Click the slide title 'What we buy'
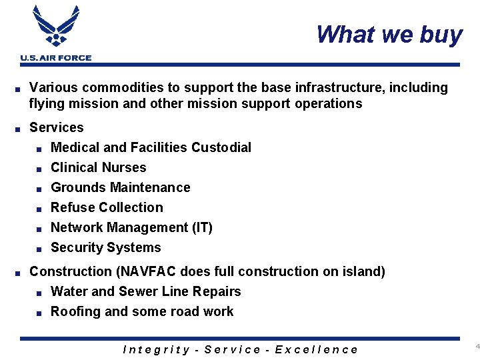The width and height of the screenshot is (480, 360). coord(389,34)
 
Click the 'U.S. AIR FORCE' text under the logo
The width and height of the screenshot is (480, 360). coord(56,58)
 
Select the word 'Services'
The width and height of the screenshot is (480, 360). coord(57,127)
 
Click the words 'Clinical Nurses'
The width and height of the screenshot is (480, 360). coord(98,167)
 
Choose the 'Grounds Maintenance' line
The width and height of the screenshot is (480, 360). coord(120,187)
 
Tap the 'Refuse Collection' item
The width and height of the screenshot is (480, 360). coord(107,207)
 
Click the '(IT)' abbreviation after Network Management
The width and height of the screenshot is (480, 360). coord(202,227)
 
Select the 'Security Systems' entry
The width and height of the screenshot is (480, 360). coord(105,247)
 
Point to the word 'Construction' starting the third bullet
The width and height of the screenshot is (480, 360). coord(71,271)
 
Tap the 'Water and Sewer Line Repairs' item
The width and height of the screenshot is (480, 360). coord(145,291)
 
